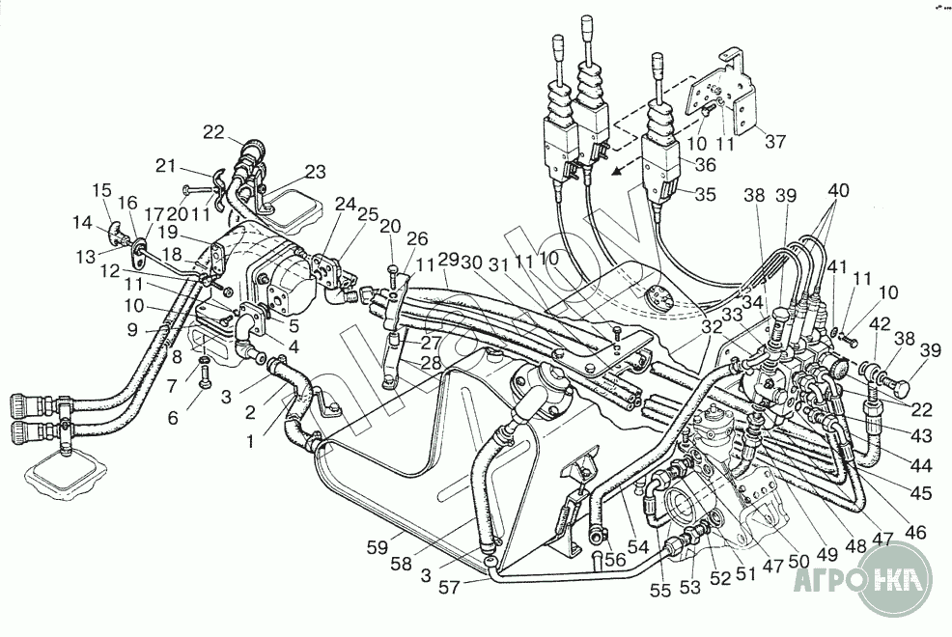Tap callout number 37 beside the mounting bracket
point(776,142)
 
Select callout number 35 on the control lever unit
point(705,194)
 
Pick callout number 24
point(345,204)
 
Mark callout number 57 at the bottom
point(449,585)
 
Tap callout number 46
point(913,531)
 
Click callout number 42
point(880,324)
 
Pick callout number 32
point(713,326)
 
